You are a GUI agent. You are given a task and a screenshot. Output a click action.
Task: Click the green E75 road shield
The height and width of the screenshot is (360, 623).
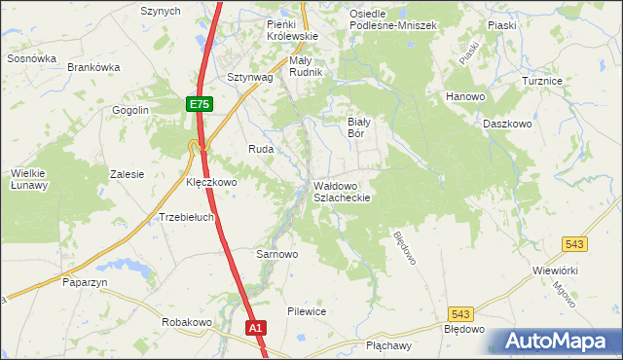click(199, 103)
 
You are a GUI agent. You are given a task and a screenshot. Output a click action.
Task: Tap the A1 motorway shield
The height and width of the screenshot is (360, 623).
click(256, 329)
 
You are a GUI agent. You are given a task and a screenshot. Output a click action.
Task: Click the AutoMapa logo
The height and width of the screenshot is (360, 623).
click(556, 340)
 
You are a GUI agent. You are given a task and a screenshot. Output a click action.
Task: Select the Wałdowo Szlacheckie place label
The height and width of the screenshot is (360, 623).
click(342, 190)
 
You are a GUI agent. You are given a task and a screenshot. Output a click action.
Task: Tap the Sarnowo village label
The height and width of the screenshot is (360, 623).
click(276, 254)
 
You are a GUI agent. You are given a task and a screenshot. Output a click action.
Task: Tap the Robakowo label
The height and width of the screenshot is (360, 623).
click(187, 322)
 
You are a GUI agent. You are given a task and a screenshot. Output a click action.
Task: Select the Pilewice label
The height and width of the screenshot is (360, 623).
click(306, 311)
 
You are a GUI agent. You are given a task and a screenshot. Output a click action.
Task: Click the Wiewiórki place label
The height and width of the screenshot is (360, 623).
click(556, 270)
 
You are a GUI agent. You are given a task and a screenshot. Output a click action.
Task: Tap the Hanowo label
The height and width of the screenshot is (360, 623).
click(465, 97)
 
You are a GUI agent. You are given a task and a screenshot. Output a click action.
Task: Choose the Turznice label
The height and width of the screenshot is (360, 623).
click(569, 81)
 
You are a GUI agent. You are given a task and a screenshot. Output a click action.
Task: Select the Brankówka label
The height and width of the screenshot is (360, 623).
click(93, 67)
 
